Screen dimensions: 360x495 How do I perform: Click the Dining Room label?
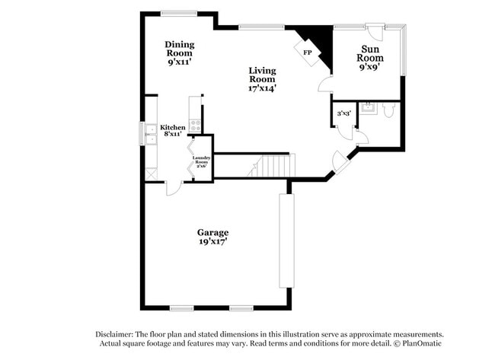pos(180,53)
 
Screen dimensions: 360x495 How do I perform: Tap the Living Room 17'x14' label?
pos(262,79)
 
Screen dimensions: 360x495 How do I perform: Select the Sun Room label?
pos(370,58)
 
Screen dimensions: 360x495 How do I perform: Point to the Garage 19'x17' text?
pos(212,237)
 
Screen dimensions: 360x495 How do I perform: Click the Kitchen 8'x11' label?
pos(172,130)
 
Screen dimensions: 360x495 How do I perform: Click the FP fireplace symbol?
pos(308,53)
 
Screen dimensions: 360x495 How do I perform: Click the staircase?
pos(270,166)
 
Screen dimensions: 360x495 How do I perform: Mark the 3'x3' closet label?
pos(343,113)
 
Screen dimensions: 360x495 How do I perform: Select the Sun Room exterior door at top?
pos(374,30)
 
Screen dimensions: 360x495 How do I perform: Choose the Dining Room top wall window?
pos(180,12)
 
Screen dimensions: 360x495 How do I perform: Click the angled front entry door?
pos(337,161)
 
